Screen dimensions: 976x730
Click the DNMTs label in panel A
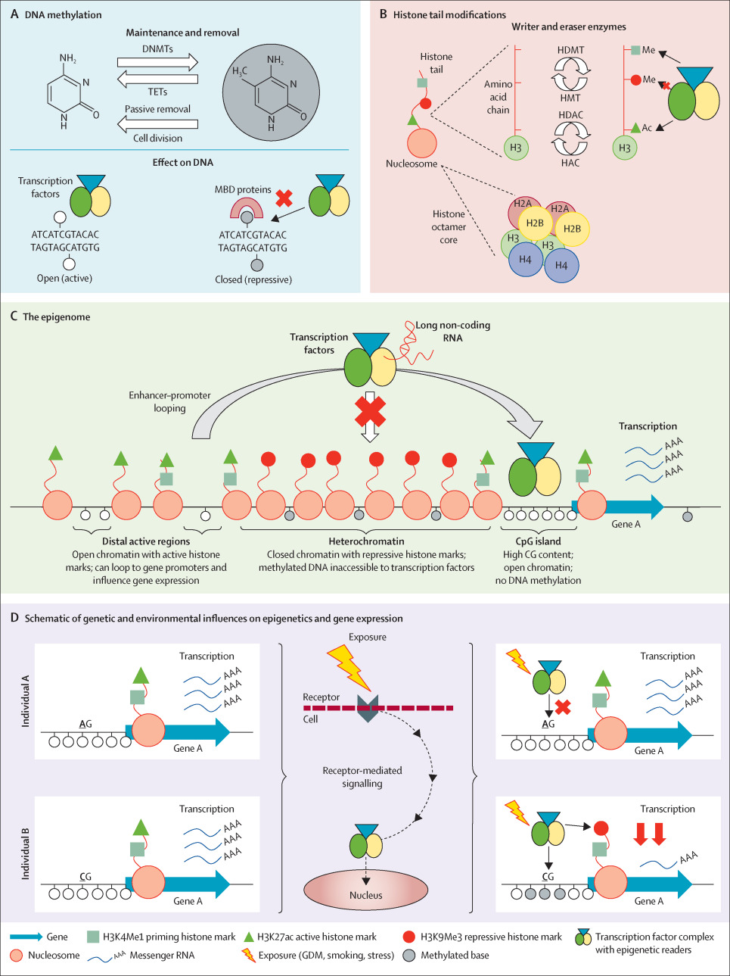tap(157, 49)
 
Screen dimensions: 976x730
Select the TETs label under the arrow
tap(157, 92)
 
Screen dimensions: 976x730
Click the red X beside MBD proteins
tap(284, 198)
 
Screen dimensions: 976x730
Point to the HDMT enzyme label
tap(570, 50)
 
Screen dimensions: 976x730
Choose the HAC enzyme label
tap(570, 163)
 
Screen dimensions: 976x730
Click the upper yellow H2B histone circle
tap(535, 223)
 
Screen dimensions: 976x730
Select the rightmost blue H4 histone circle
tap(561, 266)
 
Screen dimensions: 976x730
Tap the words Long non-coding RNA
tap(452, 331)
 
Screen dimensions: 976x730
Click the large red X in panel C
tap(370, 411)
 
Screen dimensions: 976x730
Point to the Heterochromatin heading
tap(366, 541)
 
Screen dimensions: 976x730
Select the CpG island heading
tap(538, 541)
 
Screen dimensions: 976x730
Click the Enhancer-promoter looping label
tap(169, 401)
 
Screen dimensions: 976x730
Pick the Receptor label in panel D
tap(321, 697)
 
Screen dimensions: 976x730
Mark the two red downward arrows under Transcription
tap(649, 833)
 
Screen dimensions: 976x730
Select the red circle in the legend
tap(409, 937)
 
